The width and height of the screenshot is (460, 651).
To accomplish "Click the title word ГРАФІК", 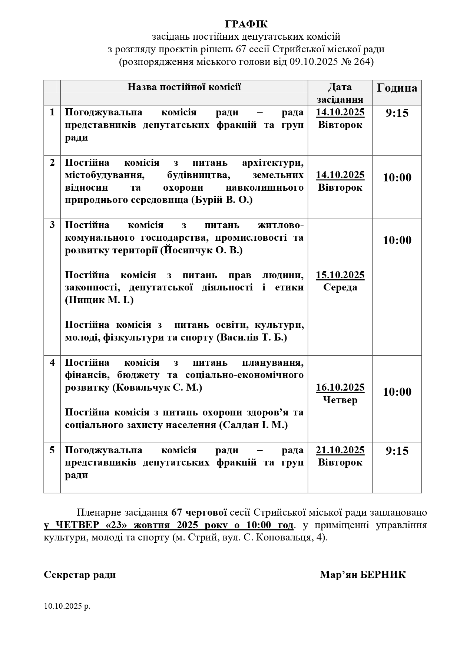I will [246, 24].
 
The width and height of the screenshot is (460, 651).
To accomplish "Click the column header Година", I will [397, 88].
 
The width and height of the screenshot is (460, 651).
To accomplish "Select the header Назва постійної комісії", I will [184, 87].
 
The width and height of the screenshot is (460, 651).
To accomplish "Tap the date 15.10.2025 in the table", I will [340, 275].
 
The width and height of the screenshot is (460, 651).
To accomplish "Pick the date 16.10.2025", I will [340, 388].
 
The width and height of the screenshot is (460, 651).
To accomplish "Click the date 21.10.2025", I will [340, 450].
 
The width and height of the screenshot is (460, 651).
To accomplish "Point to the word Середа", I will [340, 287].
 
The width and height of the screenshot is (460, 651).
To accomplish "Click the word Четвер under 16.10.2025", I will [340, 400].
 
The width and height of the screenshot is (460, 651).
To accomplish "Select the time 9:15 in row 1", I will [397, 113].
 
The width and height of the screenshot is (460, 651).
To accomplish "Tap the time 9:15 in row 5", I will [397, 451].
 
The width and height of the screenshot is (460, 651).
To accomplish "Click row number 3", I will [52, 225].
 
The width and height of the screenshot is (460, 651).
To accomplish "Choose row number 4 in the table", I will [52, 362].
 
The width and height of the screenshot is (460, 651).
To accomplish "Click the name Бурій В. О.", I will [222, 200].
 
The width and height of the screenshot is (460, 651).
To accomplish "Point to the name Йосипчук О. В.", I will [202, 250].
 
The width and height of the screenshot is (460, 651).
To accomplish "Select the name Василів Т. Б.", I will [252, 338].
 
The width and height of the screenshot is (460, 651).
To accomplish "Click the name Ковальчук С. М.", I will [157, 388].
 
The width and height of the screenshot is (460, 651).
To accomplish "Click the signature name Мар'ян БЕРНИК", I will [363, 575].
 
